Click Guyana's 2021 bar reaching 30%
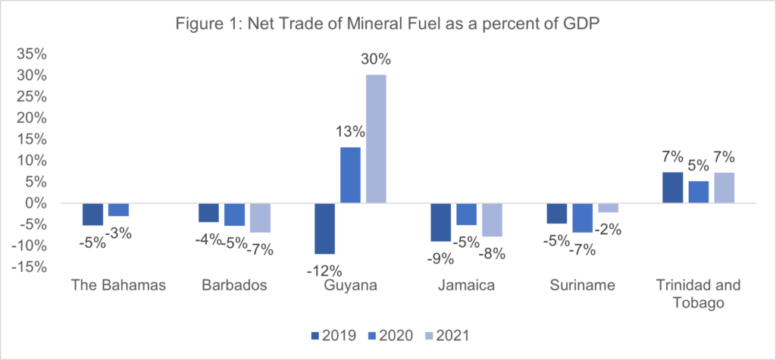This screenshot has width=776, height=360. pos(375,139)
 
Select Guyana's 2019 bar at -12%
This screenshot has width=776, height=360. pos(324,228)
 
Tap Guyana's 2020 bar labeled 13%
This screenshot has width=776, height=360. pos(350,175)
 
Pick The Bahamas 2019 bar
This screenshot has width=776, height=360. pos(92,214)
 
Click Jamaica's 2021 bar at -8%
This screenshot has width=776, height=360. pos(492,220)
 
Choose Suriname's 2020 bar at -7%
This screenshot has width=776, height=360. pos(583,218)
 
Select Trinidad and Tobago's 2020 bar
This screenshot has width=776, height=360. pos(699,193)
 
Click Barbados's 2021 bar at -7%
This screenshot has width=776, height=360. pos(260,218)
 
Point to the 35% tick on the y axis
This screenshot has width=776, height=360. pos(29,55)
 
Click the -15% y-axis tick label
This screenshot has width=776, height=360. pos(26,267)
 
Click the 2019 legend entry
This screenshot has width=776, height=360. pos(333,333)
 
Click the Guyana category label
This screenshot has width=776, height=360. pos(350,286)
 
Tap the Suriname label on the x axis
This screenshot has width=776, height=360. pos(583,286)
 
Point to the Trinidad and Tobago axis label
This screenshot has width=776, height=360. pos(699,294)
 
